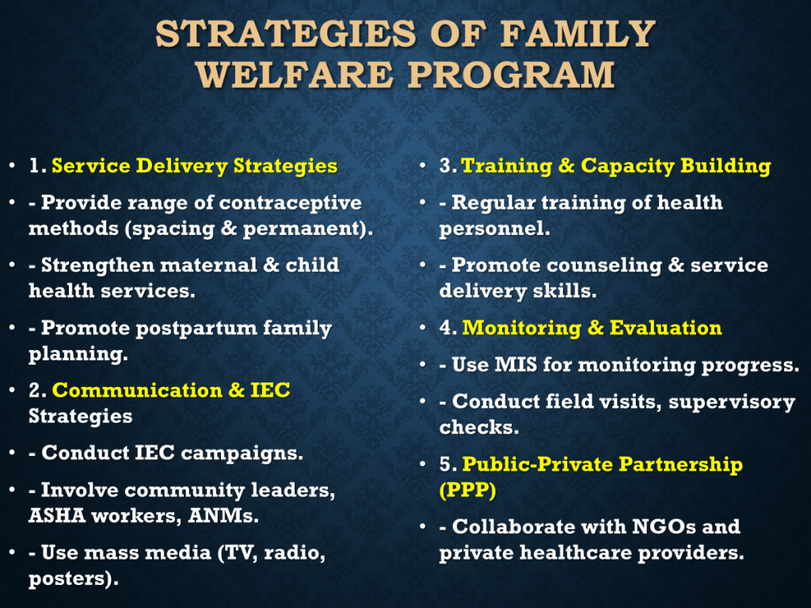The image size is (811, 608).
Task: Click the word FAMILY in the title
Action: click(x=577, y=35)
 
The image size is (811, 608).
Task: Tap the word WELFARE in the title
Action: click(x=294, y=75)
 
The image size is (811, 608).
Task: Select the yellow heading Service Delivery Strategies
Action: click(x=195, y=166)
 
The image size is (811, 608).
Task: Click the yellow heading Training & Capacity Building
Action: click(x=615, y=166)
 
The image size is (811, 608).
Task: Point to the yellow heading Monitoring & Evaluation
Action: click(x=592, y=328)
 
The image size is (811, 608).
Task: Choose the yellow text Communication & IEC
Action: click(x=171, y=390)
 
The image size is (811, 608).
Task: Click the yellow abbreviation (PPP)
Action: click(x=467, y=489)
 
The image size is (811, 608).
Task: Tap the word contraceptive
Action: click(x=290, y=203)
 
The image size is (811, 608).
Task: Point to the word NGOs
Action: click(x=664, y=526)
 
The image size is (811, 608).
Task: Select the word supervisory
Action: click(x=731, y=402)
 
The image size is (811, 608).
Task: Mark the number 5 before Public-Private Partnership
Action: click(x=445, y=464)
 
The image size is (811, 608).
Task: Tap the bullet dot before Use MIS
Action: click(x=423, y=364)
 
